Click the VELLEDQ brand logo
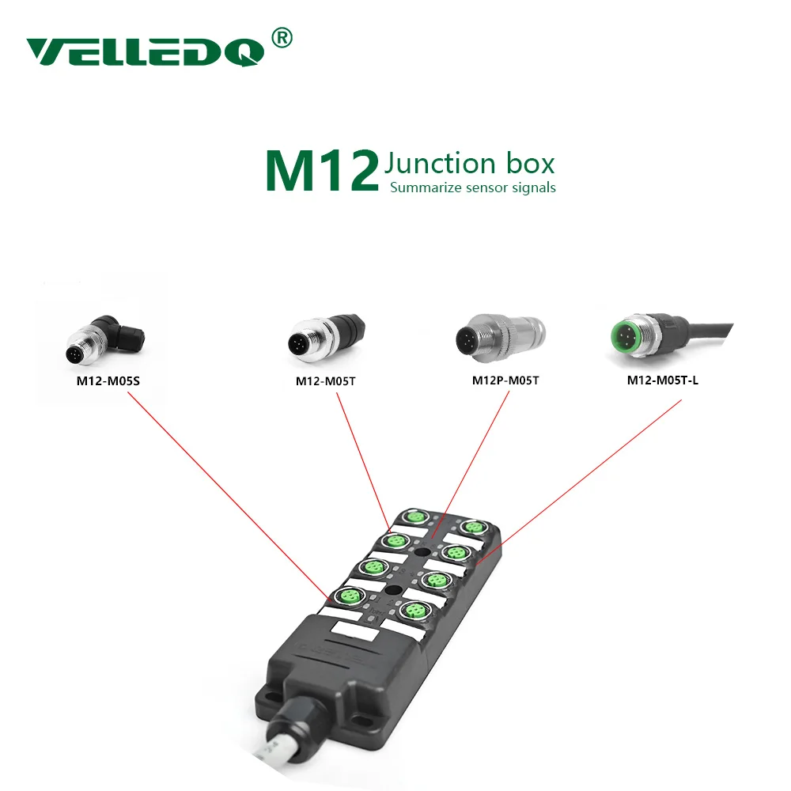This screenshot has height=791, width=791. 146,52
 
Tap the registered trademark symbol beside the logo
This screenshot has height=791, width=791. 282,37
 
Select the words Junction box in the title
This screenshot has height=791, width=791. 469,164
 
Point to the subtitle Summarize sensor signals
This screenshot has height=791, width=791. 472,187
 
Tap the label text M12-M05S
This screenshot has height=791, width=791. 108,380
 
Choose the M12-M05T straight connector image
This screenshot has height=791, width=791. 325,341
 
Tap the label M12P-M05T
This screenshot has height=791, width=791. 505,380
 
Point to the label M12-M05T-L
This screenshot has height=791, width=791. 663,380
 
